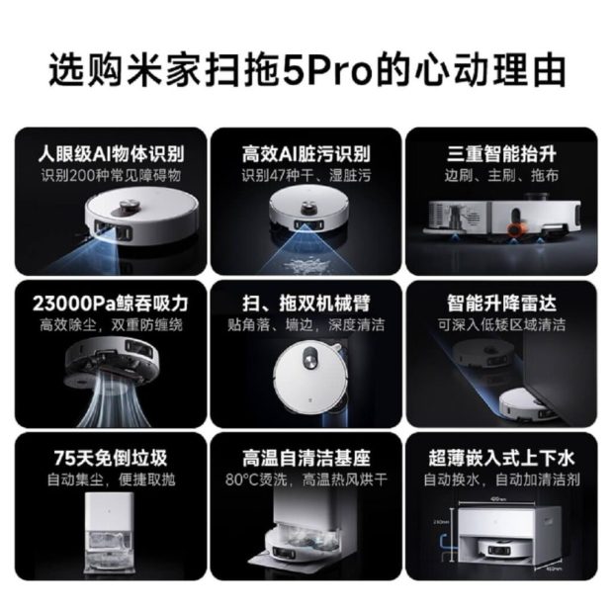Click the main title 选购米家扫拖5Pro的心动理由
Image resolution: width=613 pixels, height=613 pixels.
click(x=306, y=71)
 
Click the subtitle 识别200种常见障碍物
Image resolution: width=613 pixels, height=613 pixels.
click(x=110, y=175)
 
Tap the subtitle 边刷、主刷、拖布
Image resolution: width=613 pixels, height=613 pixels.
click(x=501, y=175)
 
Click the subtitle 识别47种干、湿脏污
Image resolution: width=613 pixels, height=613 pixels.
click(x=306, y=175)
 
